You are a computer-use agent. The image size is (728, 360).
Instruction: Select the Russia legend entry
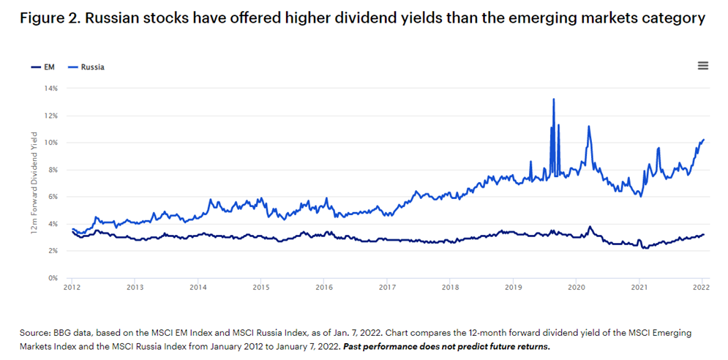coord(87,67)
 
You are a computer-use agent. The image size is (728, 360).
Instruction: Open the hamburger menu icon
coord(703,66)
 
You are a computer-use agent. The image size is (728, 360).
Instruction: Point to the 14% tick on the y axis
coord(52,88)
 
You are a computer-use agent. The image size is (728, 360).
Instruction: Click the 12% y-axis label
coord(52,116)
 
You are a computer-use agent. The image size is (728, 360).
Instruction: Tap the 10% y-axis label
coord(52,143)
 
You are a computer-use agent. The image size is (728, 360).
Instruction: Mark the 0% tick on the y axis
coord(53,278)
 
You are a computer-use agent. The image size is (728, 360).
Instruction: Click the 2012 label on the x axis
coord(72,288)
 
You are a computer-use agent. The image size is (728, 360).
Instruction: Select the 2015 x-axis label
coord(261,288)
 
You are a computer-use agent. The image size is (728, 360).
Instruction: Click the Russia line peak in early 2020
coord(589,126)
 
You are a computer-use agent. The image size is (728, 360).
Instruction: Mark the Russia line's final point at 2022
coord(704,139)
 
